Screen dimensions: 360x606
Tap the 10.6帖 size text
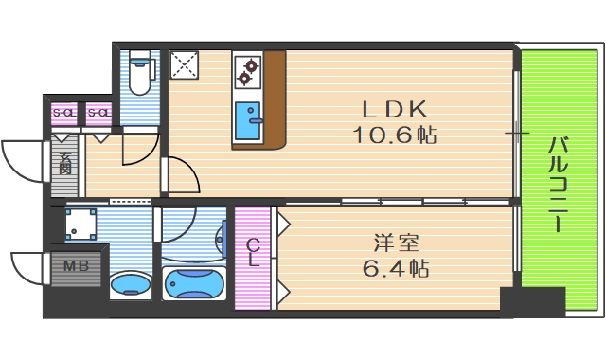coord(395,135)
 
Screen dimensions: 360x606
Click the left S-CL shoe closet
coord(63,114)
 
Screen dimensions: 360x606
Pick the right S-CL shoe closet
coord(98,114)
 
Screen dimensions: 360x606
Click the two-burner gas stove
coord(247,68)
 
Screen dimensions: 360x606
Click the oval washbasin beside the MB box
coord(130,285)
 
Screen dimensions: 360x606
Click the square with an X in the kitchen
coord(183,65)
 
